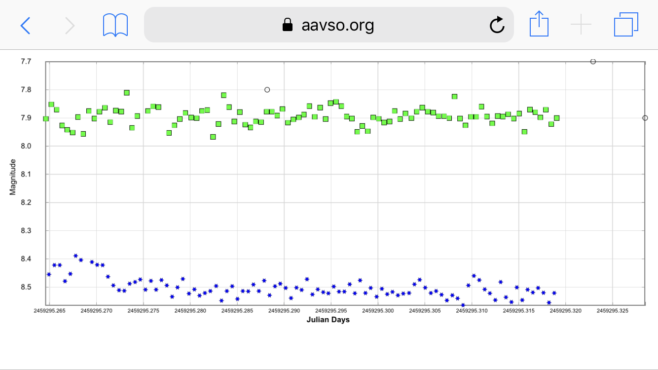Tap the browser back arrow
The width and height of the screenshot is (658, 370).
(25, 25)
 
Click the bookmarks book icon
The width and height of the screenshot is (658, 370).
(115, 25)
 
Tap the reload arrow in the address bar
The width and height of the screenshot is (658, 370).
(497, 25)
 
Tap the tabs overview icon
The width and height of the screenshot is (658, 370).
(626, 25)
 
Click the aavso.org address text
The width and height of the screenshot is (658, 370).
(337, 25)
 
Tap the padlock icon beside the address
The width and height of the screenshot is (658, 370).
(287, 25)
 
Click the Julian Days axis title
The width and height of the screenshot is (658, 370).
(328, 320)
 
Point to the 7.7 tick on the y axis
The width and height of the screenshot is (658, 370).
(26, 62)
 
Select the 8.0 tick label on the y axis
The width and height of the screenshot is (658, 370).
(26, 146)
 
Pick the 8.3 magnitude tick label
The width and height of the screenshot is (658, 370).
(26, 231)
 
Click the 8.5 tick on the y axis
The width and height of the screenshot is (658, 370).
(26, 287)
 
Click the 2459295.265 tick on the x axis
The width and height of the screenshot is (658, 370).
(49, 311)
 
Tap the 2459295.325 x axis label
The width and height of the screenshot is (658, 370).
(612, 311)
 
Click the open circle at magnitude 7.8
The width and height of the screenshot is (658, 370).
(267, 90)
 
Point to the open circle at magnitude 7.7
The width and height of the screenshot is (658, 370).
(593, 62)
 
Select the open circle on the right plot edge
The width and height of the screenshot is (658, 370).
(645, 118)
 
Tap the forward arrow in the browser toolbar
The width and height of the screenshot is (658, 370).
(70, 25)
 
